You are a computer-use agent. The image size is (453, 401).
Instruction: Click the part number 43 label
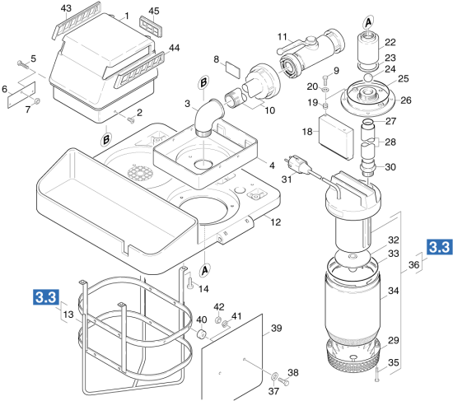66,8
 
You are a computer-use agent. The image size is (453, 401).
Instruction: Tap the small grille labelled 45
151,26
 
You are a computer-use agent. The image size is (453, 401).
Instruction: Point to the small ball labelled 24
368,78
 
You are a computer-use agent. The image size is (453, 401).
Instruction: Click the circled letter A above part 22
368,22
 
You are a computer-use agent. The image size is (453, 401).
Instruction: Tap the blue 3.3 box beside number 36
439,247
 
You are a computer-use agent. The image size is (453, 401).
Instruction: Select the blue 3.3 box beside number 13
46,296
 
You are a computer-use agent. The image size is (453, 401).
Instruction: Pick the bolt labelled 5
23,64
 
